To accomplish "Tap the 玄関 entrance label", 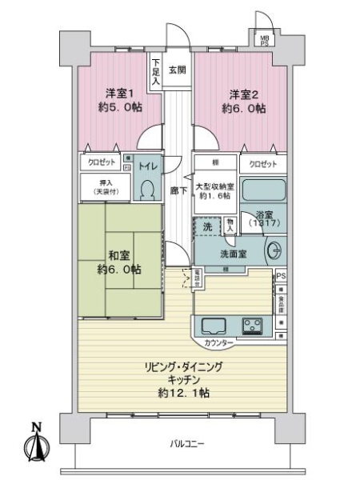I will tap(177, 68).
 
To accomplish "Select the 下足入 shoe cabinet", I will tap(155, 73).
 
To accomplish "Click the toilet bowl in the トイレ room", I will tap(146, 189).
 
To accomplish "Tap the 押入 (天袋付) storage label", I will tap(104, 187).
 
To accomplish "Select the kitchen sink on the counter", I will tap(214, 326).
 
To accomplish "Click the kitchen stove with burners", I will tap(254, 326).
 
